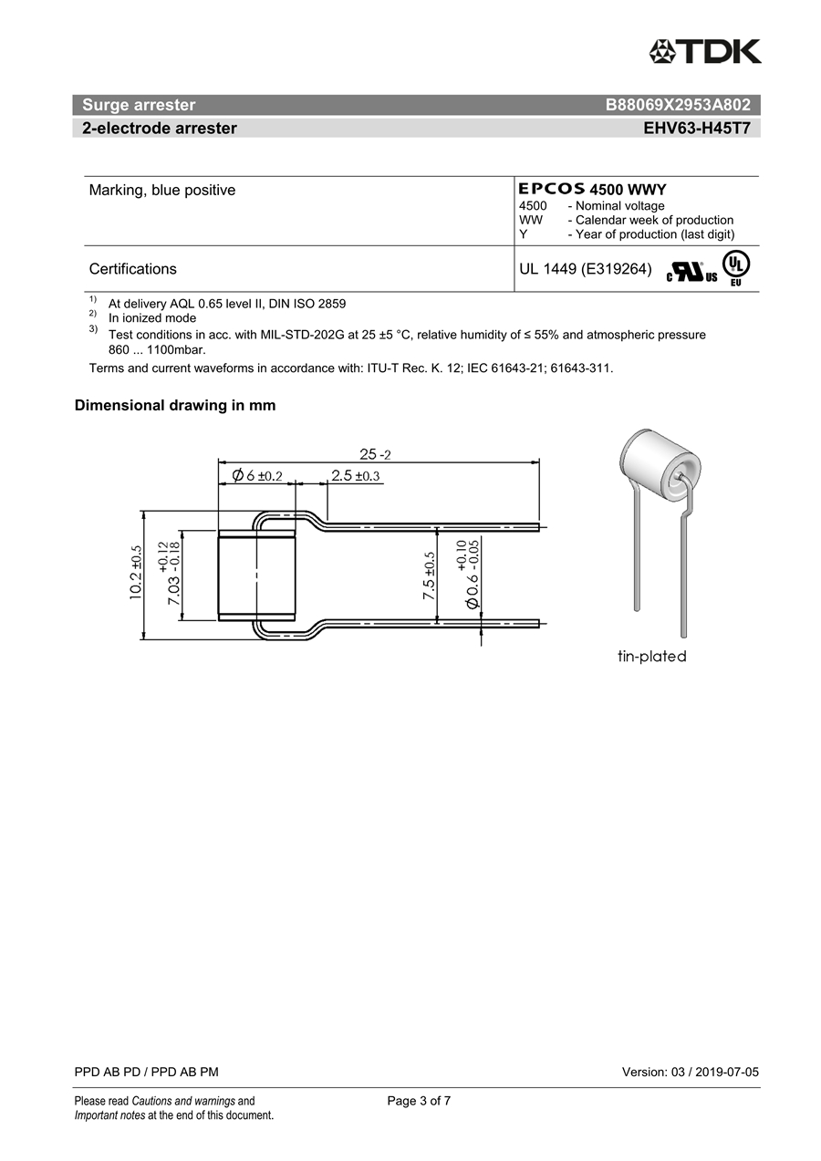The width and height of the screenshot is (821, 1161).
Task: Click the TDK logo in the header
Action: (705, 51)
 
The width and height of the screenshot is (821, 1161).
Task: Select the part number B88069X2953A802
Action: (678, 105)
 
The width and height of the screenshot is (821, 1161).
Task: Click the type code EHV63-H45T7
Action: (697, 129)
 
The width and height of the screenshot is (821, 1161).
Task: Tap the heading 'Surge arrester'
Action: (139, 105)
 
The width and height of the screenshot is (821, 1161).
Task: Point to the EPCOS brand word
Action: (552, 190)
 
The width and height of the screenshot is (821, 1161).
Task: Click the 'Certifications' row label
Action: (133, 269)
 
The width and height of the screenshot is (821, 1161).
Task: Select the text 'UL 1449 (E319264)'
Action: (585, 269)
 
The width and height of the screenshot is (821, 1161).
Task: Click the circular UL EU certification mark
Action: (736, 266)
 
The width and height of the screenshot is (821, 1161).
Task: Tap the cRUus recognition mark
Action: (691, 272)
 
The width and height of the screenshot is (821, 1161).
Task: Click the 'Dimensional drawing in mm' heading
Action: (175, 406)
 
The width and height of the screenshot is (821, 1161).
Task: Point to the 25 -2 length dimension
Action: (375, 454)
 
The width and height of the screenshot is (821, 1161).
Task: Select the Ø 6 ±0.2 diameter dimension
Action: (257, 475)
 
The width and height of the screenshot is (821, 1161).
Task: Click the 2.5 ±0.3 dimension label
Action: (355, 475)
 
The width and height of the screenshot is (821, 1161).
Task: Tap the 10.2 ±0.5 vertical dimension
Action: (136, 573)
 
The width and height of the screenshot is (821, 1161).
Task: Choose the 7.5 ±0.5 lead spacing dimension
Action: (429, 575)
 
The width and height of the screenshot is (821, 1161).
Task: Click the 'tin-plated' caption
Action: (651, 657)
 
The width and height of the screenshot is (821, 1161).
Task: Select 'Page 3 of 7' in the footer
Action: (419, 1101)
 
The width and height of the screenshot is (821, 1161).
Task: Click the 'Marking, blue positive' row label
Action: (162, 191)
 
